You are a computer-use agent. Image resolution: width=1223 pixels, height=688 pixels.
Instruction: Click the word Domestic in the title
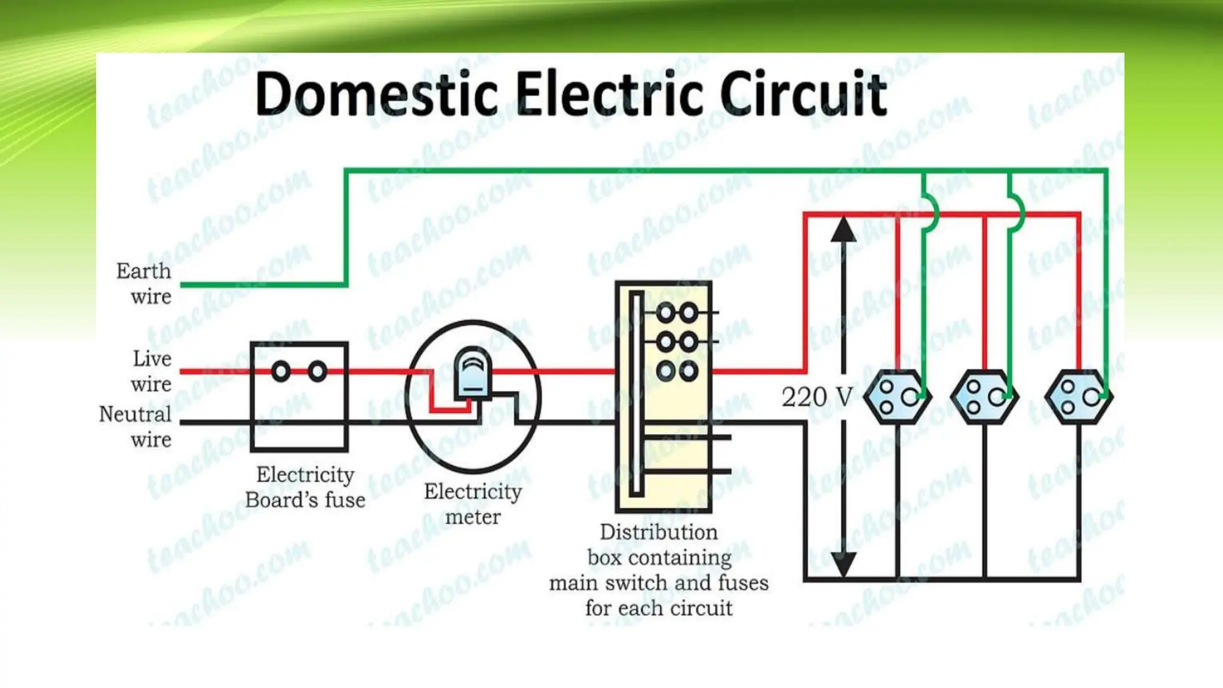click(x=376, y=94)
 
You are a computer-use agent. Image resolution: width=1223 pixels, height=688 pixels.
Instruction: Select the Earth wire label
click(x=144, y=284)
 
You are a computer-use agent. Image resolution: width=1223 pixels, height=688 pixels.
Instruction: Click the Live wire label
click(x=152, y=371)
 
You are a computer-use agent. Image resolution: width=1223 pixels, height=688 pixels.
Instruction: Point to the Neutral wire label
click(x=136, y=426)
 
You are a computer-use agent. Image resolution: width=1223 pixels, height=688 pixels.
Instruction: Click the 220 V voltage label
click(x=817, y=397)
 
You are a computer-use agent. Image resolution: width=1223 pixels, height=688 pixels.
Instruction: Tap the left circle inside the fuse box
click(x=281, y=371)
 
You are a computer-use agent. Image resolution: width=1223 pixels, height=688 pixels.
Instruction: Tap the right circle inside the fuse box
click(x=318, y=371)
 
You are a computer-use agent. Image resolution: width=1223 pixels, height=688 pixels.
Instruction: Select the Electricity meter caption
click(x=473, y=503)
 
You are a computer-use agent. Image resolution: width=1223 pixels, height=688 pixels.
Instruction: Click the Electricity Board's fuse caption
click(x=305, y=487)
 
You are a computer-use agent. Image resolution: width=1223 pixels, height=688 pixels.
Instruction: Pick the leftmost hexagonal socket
click(x=898, y=397)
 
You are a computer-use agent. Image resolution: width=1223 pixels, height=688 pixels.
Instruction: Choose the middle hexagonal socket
click(x=984, y=397)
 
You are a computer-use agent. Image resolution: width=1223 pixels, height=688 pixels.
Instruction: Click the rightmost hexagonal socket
click(x=1078, y=397)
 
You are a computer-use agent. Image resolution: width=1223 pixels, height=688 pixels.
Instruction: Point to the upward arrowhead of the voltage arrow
click(x=843, y=230)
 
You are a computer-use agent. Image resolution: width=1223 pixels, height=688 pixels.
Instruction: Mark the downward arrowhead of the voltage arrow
click(x=843, y=564)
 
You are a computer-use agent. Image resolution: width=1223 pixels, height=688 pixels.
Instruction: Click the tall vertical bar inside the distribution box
click(x=637, y=394)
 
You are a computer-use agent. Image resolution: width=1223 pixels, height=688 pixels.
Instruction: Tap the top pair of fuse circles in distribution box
click(x=677, y=312)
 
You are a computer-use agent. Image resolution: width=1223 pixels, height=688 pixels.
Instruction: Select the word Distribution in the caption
click(x=659, y=532)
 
